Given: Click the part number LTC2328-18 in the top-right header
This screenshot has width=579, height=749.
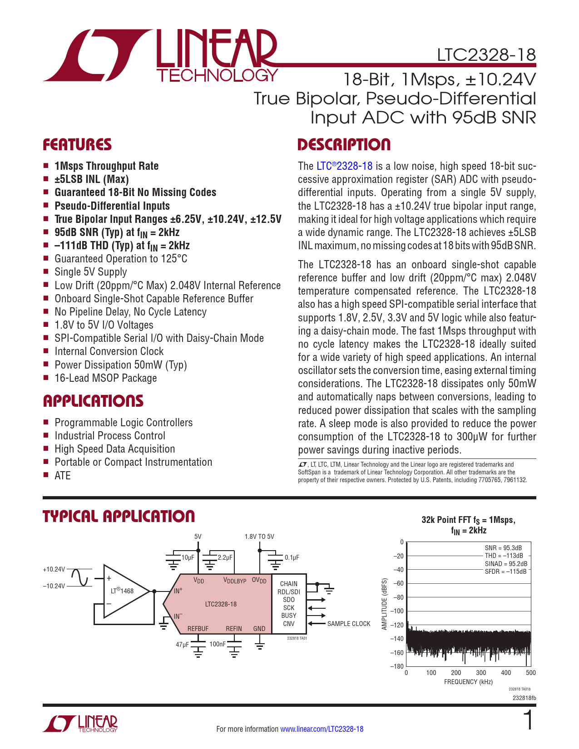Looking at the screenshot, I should click(486, 55).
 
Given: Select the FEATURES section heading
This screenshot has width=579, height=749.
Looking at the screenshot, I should click(77, 145).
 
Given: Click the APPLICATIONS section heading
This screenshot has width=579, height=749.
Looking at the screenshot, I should click(93, 401).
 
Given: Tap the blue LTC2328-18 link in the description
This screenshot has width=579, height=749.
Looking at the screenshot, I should click(344, 166).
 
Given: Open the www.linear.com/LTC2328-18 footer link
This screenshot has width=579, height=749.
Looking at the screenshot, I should click(322, 729).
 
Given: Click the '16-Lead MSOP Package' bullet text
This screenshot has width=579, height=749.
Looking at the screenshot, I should click(105, 378).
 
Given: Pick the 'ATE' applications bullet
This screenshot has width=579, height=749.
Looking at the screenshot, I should click(63, 475).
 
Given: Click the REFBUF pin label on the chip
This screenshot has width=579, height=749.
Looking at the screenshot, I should click(198, 629).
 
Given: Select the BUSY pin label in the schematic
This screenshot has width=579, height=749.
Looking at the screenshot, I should click(289, 616).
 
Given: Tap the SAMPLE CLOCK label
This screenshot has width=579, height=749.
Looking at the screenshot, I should click(349, 624).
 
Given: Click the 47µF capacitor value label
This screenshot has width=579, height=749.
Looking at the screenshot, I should click(182, 644).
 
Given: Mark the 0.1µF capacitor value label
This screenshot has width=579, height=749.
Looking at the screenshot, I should click(292, 557).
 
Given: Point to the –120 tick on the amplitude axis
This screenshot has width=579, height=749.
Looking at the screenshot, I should click(398, 625).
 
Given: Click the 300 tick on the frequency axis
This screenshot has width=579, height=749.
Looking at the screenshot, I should click(480, 673).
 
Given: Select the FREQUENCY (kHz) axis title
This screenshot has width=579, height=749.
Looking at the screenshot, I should click(468, 682).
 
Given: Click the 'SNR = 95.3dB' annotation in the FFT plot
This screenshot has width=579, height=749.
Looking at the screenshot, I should click(503, 548).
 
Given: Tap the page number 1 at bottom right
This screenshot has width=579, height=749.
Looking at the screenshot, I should click(528, 721).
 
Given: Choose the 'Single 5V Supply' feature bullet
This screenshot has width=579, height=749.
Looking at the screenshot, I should click(91, 272).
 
